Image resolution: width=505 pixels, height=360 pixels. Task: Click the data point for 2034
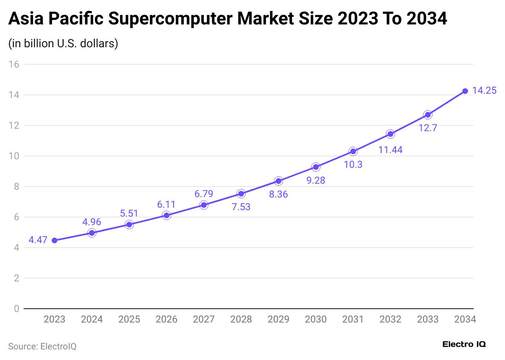(x=465, y=91)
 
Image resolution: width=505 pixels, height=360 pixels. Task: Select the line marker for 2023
(x=55, y=240)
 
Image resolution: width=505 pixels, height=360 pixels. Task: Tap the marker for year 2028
(x=241, y=193)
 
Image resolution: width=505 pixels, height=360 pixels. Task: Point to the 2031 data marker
(x=353, y=151)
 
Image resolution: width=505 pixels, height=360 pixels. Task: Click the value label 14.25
(x=484, y=90)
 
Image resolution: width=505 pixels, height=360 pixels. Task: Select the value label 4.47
(x=38, y=240)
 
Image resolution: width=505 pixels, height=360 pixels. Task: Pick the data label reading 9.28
(x=316, y=180)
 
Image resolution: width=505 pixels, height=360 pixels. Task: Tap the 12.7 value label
(x=428, y=128)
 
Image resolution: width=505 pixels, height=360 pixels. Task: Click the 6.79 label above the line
(x=204, y=194)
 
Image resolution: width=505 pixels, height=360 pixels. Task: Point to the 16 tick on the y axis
(x=14, y=64)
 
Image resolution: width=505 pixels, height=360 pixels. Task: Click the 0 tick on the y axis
(x=16, y=309)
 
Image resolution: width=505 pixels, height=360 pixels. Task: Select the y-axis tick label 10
(x=14, y=156)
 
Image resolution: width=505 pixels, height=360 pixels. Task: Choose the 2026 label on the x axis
(x=167, y=319)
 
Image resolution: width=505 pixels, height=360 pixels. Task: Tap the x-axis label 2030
(x=316, y=319)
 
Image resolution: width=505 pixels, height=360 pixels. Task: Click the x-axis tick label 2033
(x=428, y=319)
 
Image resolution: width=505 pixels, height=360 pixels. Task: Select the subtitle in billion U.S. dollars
(x=63, y=43)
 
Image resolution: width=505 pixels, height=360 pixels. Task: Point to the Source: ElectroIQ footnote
(x=42, y=346)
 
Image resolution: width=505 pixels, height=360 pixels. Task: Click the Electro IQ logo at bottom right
(x=464, y=344)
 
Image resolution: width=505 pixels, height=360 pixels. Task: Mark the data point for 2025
(x=129, y=224)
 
